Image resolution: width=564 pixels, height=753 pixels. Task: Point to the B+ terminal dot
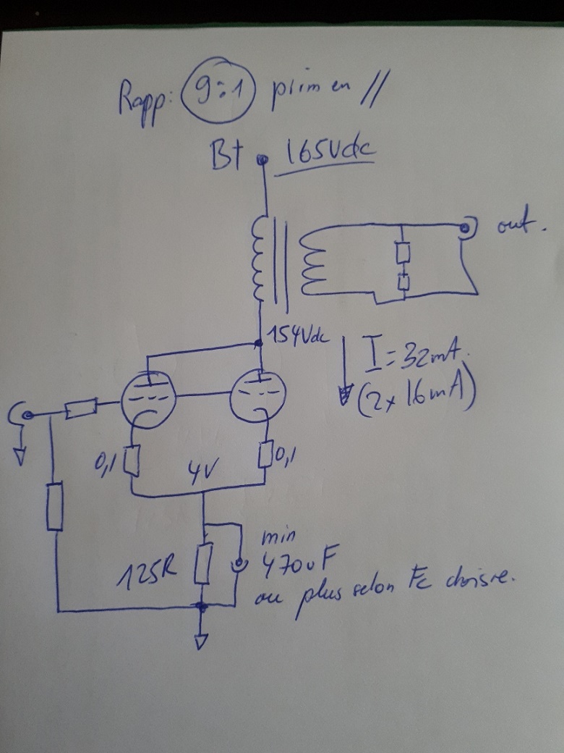(263, 161)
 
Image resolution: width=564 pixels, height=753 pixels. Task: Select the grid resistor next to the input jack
(80, 410)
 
